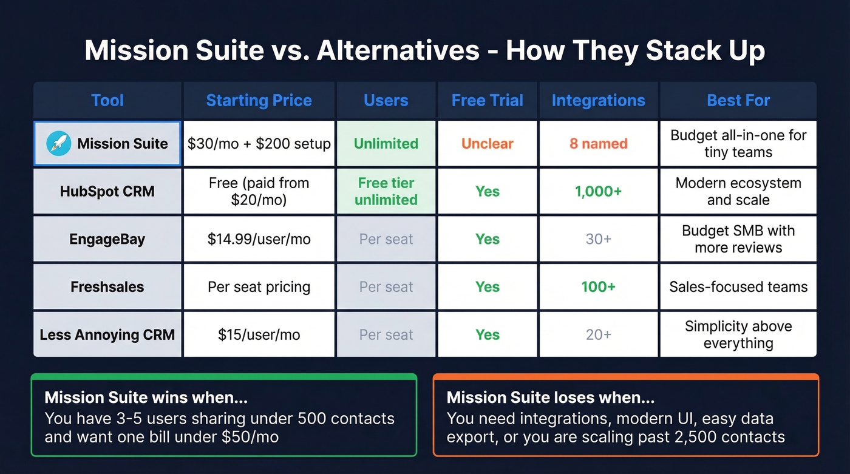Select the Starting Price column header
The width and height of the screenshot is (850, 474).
click(x=259, y=100)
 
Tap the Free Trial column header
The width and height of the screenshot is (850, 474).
click(x=487, y=100)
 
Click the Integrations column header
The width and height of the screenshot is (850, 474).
click(x=598, y=100)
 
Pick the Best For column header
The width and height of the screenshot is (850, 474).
click(x=738, y=100)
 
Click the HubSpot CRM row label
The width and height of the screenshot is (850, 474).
click(x=107, y=191)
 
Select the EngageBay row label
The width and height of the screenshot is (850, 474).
click(x=107, y=239)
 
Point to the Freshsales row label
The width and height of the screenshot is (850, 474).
click(x=107, y=286)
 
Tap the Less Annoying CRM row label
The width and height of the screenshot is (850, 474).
click(x=107, y=334)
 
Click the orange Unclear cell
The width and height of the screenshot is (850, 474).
click(x=487, y=144)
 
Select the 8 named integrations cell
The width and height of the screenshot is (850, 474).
click(x=598, y=144)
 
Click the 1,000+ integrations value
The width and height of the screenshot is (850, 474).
click(x=598, y=191)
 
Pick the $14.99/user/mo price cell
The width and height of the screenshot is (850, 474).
click(x=259, y=239)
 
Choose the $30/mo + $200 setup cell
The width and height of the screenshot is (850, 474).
click(x=259, y=144)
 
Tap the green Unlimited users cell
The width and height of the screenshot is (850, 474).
click(x=386, y=144)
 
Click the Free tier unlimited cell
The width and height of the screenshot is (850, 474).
click(x=386, y=191)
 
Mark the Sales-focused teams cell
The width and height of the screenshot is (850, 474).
click(x=738, y=286)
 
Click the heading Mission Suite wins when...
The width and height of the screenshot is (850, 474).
click(x=146, y=398)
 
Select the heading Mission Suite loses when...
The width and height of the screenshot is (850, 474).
click(x=550, y=398)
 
